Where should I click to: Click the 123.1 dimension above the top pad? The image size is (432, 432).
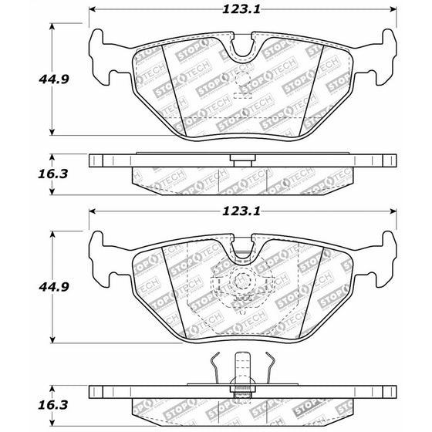click(x=241, y=9)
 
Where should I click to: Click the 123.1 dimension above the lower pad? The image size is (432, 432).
click(x=241, y=211)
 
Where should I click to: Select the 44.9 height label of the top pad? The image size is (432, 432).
click(x=54, y=79)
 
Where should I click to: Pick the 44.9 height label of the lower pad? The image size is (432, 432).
click(x=54, y=287)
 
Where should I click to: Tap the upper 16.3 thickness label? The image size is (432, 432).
click(x=53, y=174)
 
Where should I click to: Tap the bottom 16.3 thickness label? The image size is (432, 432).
click(x=53, y=405)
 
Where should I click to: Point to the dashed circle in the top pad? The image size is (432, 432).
click(x=242, y=79)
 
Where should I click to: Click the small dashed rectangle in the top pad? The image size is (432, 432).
click(x=243, y=96)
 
